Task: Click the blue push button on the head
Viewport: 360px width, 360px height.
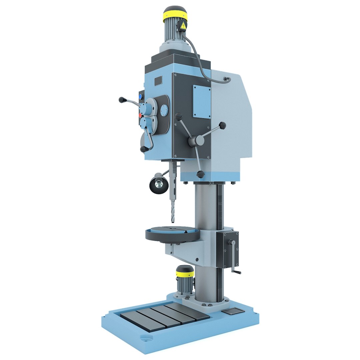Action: (x=140, y=97)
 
